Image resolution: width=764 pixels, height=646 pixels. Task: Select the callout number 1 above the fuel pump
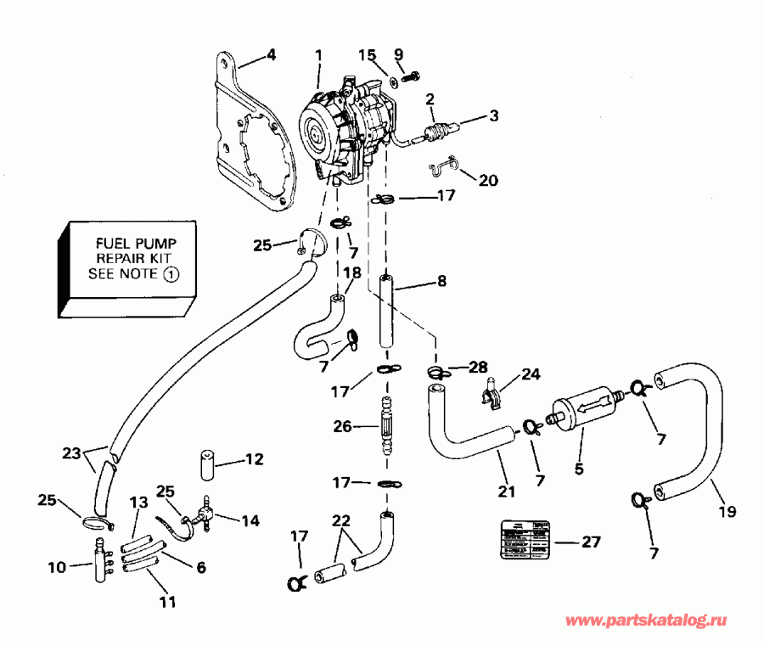point(318,55)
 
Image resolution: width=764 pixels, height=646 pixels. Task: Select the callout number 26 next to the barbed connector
point(342,427)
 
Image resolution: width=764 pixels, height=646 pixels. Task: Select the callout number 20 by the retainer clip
point(488,180)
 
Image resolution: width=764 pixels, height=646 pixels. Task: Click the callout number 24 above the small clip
point(531,374)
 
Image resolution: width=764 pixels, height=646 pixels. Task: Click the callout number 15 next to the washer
point(367,55)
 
